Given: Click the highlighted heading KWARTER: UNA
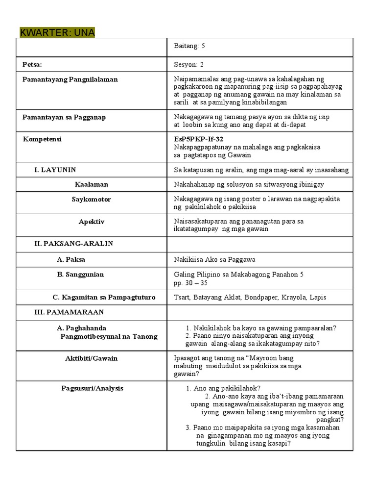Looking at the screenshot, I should (x=57, y=32).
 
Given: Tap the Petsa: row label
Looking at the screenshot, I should (x=32, y=64).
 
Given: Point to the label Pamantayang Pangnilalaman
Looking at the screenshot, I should (x=70, y=79).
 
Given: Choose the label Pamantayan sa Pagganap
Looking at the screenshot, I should (x=64, y=117).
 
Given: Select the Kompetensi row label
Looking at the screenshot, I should (x=42, y=139).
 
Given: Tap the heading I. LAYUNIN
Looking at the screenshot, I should (x=55, y=170).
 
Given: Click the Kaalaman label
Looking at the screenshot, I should (x=92, y=184).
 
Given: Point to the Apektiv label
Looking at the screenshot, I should (x=92, y=222).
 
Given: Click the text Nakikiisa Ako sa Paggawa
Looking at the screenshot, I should (x=214, y=259).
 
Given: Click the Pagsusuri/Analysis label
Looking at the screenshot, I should (x=93, y=388).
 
